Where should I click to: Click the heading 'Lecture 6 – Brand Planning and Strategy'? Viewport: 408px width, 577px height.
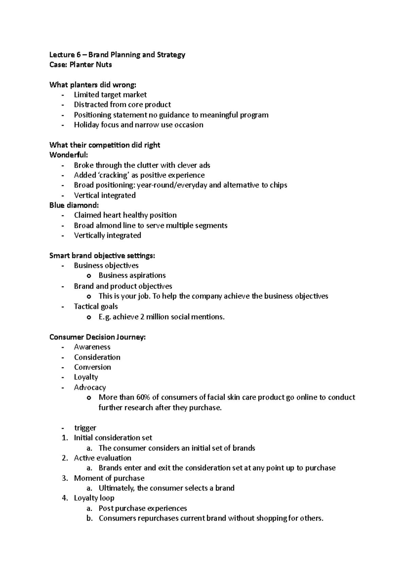point(117,55)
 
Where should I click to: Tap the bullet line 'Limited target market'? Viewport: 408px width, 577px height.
point(110,95)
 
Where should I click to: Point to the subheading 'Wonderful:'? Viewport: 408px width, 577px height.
point(68,155)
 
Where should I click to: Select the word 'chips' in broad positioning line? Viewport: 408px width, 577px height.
point(278,185)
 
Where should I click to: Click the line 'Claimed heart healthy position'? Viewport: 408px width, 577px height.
point(125,215)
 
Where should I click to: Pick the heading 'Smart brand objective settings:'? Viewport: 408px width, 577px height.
point(102,256)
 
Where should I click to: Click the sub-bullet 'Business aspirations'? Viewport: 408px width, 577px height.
point(132,275)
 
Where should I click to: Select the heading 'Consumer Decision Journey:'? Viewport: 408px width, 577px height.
point(97,337)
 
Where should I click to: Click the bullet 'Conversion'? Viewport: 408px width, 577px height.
point(92,367)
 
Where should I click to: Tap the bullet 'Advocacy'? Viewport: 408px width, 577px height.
point(90,387)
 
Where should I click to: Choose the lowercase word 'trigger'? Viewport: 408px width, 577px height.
point(85,428)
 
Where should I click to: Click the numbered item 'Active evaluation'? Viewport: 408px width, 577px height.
point(102,458)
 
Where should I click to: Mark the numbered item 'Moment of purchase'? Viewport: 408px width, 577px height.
point(109,478)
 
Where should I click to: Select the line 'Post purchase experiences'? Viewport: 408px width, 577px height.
point(142,508)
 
